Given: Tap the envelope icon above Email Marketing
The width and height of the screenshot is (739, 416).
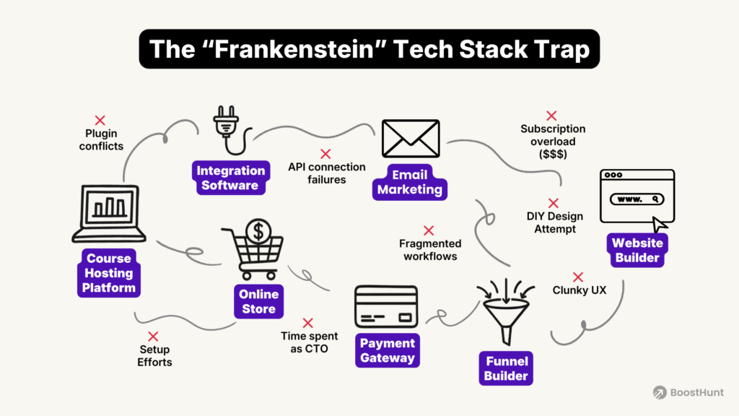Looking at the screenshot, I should coord(411,139).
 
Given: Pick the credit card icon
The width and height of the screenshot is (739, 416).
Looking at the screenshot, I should coord(386,307).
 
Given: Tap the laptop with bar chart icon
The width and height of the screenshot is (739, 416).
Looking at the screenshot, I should coord(108,214).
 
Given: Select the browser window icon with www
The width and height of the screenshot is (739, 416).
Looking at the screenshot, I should coord(637,196).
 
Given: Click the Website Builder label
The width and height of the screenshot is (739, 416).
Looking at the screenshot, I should coord(637,251).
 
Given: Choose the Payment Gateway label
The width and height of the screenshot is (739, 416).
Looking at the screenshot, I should coord(387,350).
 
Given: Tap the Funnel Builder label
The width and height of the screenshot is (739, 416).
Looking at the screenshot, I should coord(506,368).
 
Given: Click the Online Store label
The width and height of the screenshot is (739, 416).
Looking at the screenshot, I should coord(258,301).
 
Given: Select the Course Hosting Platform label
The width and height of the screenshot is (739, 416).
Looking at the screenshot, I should coord(108,273).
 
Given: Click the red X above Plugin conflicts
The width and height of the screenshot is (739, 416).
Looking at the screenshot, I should coord(100,120).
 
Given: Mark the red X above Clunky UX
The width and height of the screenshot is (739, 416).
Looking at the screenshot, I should coord(578,277).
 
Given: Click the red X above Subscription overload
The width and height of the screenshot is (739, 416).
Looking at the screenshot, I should coord(552,116).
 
